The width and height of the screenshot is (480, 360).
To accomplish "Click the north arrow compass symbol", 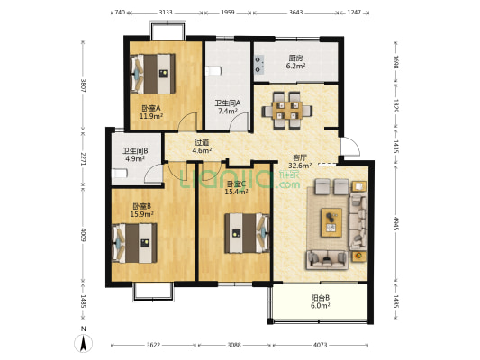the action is [x=83, y=343].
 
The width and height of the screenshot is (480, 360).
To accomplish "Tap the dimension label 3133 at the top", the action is [x=166, y=13].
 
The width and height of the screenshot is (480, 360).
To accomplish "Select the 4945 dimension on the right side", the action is [x=396, y=224].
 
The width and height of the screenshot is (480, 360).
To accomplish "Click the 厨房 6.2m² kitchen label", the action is [x=295, y=62].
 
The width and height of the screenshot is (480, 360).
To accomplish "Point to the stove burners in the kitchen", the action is [x=259, y=65].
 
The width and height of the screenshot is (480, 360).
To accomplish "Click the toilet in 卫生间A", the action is [x=213, y=71].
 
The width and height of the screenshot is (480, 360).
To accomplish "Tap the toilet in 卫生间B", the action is [x=120, y=174].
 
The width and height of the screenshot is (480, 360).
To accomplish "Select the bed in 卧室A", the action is [x=152, y=74].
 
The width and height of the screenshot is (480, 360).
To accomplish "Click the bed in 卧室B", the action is [x=134, y=243].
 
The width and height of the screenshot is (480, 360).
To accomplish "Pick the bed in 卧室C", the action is [x=247, y=233].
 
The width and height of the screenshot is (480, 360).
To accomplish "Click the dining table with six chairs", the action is [x=287, y=111].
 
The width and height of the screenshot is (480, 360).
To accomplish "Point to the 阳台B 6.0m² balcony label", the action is [x=321, y=301].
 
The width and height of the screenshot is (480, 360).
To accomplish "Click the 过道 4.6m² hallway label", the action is [x=202, y=146].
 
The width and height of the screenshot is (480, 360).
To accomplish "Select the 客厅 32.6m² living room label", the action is [x=300, y=162].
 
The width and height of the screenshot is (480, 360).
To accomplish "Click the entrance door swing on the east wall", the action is [x=350, y=147].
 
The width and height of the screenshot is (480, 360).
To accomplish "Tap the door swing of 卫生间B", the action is [x=153, y=174].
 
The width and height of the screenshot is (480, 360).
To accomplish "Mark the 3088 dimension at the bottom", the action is [x=234, y=345].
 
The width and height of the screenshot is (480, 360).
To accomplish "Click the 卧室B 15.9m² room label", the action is [x=141, y=210].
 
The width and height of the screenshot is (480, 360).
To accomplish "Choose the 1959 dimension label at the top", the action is [x=228, y=13].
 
